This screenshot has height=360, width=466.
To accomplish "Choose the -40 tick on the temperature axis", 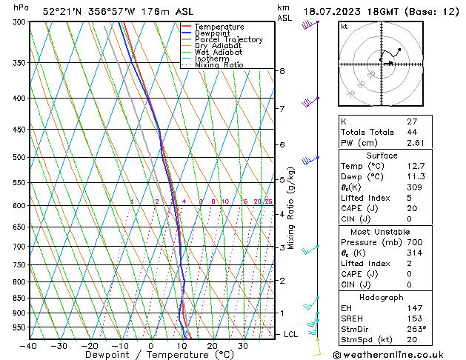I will point(29,346).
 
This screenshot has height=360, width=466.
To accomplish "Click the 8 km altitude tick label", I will point(282,71).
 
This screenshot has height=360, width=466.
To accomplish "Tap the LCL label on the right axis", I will point(292,335).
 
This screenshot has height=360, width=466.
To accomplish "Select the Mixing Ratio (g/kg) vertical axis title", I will point(292,208).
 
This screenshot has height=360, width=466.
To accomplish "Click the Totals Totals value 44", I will point(412,131).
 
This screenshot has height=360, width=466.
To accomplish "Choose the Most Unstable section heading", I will point(382,231).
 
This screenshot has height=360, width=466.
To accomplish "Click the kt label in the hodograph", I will point(344,26).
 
